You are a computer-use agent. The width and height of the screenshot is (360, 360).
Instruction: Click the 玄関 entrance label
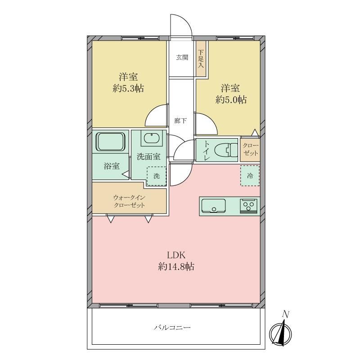pos(182,57)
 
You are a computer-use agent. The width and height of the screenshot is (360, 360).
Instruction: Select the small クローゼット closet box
pos(250,149)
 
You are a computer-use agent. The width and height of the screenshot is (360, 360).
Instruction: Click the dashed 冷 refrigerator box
pos(250,176)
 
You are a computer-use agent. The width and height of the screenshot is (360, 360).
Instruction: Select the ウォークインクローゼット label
pos(129,201)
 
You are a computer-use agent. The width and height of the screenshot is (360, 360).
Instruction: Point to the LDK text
pos(175,255)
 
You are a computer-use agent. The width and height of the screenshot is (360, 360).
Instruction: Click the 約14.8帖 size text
pos(175,267)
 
